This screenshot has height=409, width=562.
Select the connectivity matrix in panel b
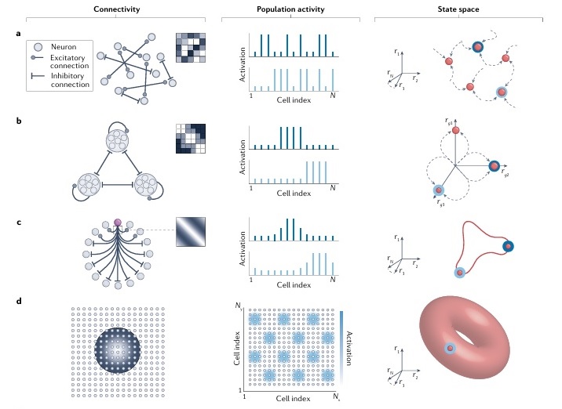point(192,139)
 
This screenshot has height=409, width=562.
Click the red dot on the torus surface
point(451,348)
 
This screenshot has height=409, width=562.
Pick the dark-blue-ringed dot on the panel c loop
point(509,247)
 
